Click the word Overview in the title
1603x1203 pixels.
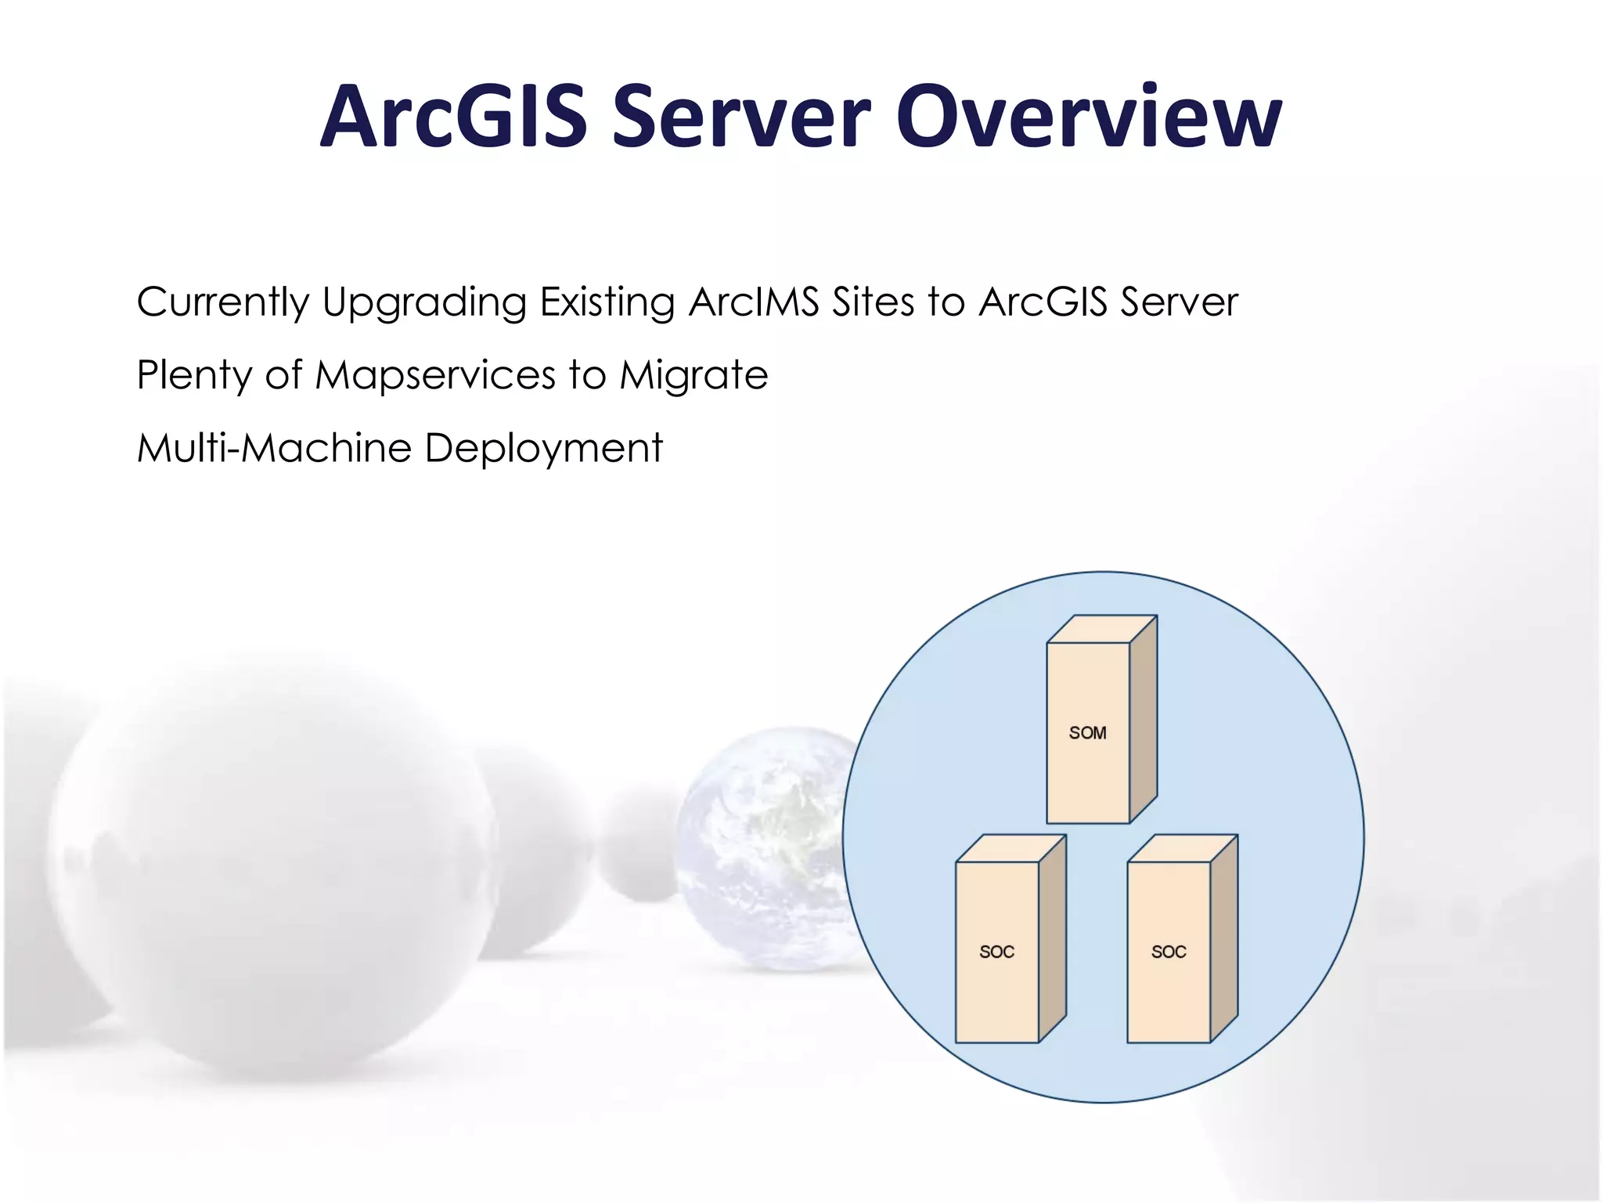coord(1088,117)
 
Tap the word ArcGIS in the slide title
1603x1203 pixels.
coord(454,117)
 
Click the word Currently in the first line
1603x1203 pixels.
coord(224,302)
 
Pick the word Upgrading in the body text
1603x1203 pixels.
coord(423,303)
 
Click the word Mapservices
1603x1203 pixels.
coord(434,375)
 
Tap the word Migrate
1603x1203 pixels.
coord(693,375)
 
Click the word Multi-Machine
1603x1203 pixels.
coord(274,448)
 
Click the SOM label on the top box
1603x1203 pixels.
coord(1087,733)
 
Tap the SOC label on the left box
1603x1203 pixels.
coord(996,952)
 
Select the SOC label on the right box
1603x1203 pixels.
coord(1168,952)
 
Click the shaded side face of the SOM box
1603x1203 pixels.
coord(1143,721)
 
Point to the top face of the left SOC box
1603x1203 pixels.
coord(1010,849)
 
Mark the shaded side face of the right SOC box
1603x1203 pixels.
coord(1223,940)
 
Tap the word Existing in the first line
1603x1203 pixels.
coord(607,302)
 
